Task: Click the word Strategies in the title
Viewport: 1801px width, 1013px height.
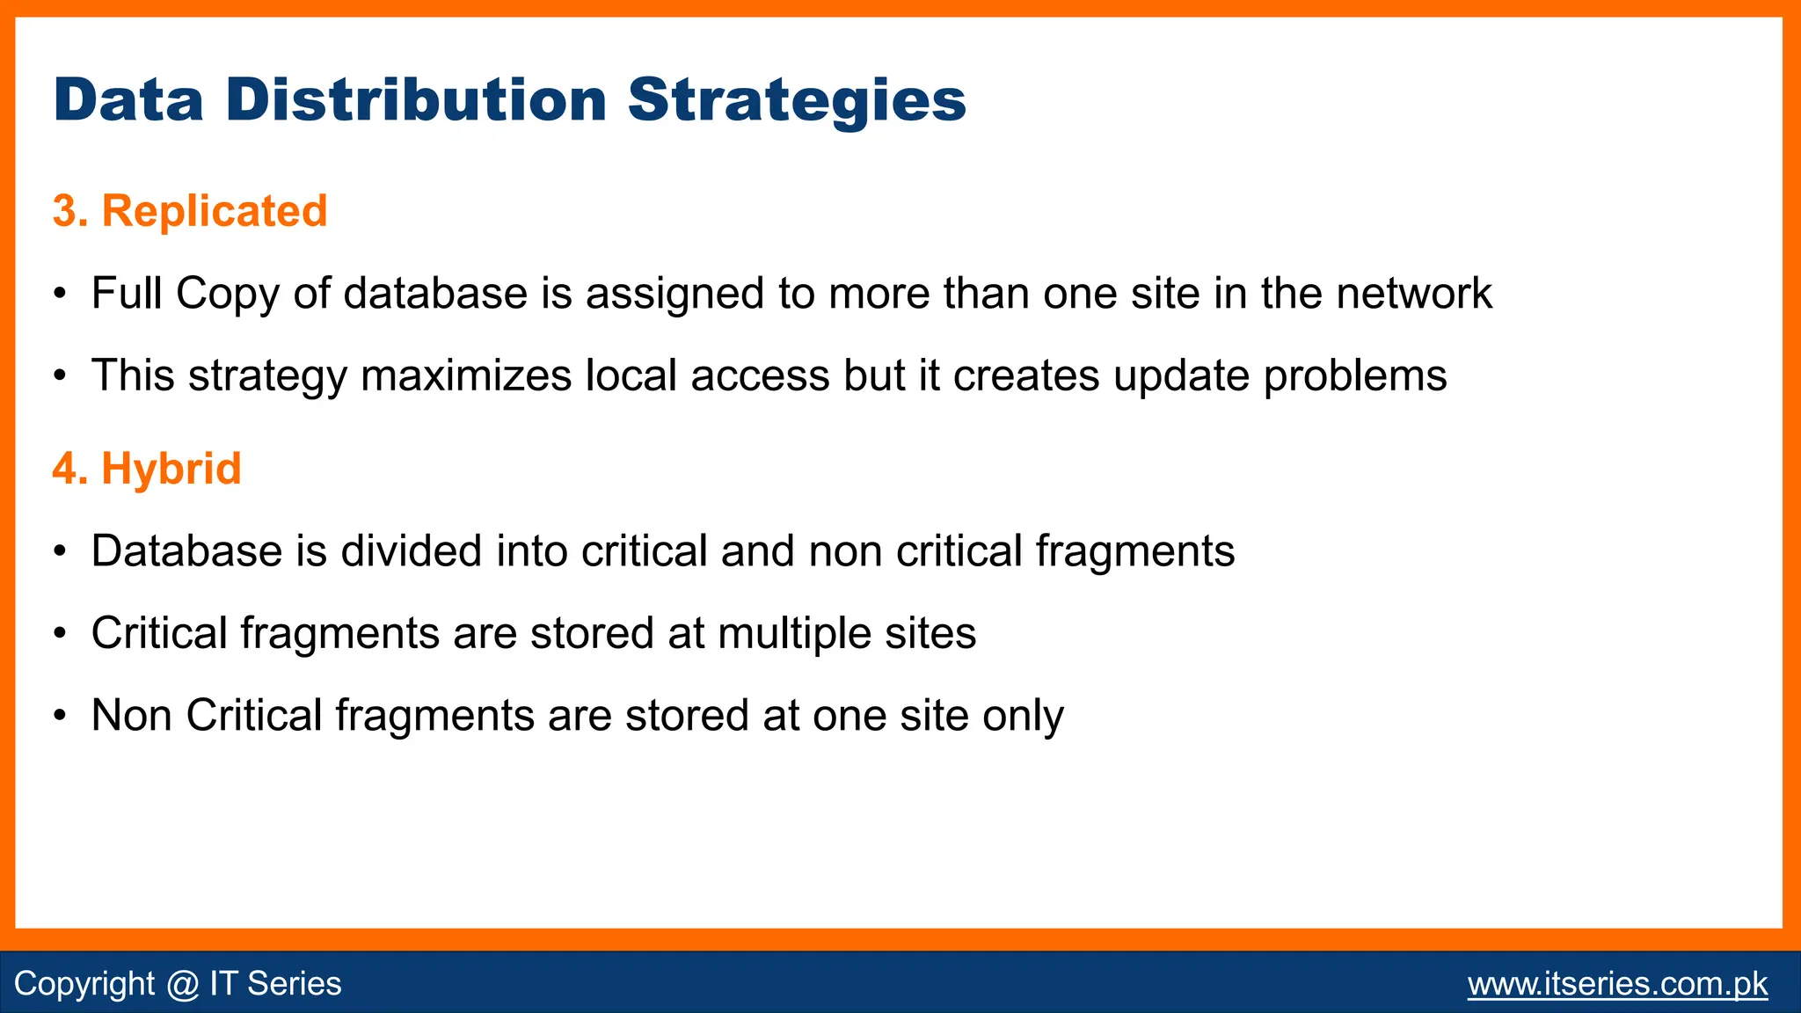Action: pyautogui.click(x=796, y=100)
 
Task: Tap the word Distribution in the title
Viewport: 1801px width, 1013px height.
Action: pyautogui.click(x=416, y=100)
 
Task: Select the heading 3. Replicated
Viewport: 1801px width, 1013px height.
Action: pyautogui.click(x=190, y=211)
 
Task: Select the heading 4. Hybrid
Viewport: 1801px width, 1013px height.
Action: pyautogui.click(x=147, y=468)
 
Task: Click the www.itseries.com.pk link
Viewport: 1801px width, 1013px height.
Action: pyautogui.click(x=1617, y=983)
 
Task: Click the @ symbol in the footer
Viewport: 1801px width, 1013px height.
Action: pyautogui.click(x=182, y=983)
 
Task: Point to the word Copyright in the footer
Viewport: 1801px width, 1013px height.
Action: pyautogui.click(x=84, y=983)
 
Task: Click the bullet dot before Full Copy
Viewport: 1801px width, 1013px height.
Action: pyautogui.click(x=59, y=294)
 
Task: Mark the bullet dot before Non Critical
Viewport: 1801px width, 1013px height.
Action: pyautogui.click(x=59, y=716)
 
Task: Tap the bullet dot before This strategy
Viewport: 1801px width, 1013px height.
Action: pyautogui.click(x=59, y=376)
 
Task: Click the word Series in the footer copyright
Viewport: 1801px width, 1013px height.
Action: pyautogui.click(x=294, y=983)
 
